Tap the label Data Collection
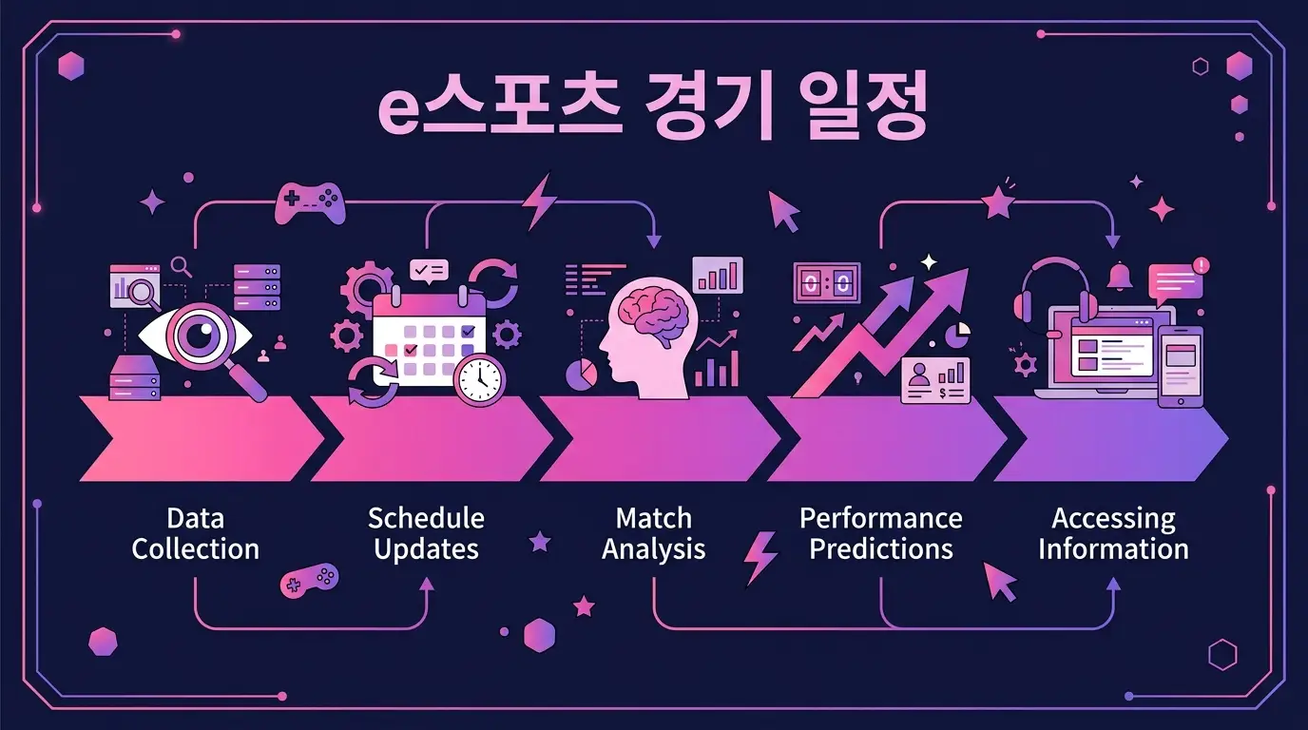click(x=196, y=534)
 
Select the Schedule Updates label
click(x=426, y=534)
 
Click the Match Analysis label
click(x=653, y=534)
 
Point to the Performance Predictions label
click(x=881, y=534)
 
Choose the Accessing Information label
click(x=1113, y=534)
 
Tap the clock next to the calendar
click(x=480, y=379)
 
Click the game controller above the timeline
click(x=310, y=203)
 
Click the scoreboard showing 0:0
click(x=827, y=283)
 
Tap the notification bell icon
click(x=1120, y=276)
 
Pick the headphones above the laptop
click(x=1051, y=292)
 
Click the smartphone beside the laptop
click(x=1180, y=367)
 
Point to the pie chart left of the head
click(x=582, y=374)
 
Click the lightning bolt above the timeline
click(x=538, y=201)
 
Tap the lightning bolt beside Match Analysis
click(x=760, y=557)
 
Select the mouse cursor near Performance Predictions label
click(x=999, y=581)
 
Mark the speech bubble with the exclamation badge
click(x=1177, y=282)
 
